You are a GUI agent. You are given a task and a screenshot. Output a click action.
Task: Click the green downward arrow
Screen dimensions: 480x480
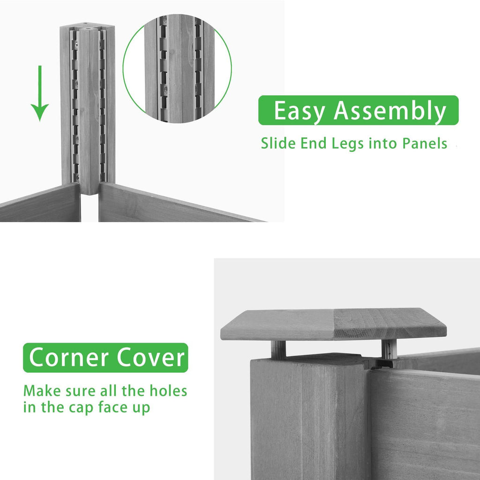[x=39, y=93]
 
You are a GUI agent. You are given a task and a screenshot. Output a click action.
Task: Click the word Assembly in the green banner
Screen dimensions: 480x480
[x=390, y=111]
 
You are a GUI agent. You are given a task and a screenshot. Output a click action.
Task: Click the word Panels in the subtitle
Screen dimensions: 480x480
[x=425, y=143]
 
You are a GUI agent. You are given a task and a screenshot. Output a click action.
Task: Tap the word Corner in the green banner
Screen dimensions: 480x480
[x=69, y=357]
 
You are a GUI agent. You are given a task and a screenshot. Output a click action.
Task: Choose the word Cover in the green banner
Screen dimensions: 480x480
[x=150, y=357]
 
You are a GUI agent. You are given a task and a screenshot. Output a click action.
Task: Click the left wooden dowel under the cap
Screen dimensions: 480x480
[x=278, y=349]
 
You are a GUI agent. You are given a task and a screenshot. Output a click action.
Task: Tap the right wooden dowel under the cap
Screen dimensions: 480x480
[x=389, y=349]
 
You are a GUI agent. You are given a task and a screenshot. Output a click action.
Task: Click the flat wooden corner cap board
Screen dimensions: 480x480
[x=333, y=324]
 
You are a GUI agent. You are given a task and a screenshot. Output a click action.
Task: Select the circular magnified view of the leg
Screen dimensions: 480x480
[x=177, y=68]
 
